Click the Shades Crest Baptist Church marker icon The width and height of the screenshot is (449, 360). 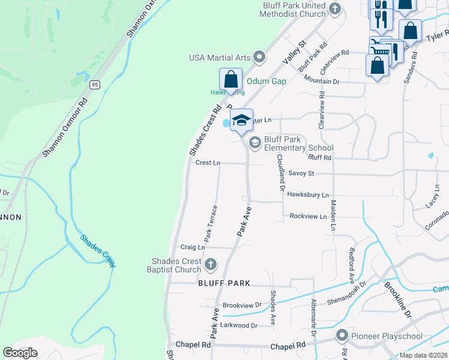210,264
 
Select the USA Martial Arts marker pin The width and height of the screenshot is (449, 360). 259,58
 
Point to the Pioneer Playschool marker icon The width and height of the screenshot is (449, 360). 343,335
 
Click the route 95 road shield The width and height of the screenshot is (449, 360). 95,85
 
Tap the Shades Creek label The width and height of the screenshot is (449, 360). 98,251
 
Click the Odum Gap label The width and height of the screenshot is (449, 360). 266,82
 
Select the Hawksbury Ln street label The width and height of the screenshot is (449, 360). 308,195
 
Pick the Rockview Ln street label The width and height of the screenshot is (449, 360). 308,216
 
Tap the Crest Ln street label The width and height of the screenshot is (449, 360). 208,163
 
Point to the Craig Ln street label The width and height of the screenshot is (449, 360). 193,247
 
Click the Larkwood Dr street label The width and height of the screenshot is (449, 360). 239,326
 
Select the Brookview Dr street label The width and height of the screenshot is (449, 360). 242,305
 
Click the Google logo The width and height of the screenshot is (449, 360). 20,353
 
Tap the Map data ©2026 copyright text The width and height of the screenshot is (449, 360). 423,355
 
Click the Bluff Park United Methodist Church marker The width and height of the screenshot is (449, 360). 335,8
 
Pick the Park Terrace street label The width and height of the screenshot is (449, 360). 210,223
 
